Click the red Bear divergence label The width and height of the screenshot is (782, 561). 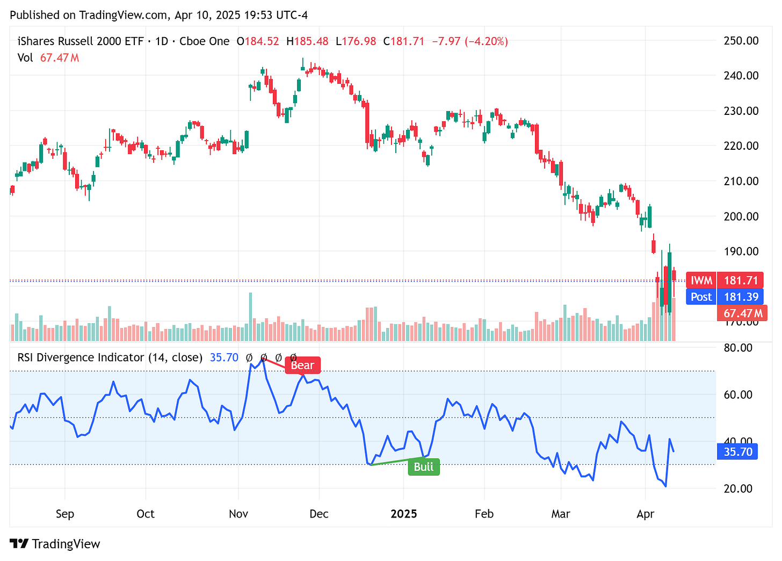302,366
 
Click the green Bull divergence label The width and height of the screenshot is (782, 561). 424,467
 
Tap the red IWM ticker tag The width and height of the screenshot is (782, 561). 701,280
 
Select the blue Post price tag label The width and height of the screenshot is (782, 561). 701,297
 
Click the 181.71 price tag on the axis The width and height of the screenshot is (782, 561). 741,280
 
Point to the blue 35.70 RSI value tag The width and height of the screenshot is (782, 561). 738,451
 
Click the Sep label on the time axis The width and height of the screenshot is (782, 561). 65,514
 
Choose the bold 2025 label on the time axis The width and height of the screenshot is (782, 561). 404,514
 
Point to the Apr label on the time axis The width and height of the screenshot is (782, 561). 645,514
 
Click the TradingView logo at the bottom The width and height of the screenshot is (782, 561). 55,544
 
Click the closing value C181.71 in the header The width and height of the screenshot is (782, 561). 404,41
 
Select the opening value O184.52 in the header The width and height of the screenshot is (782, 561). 258,41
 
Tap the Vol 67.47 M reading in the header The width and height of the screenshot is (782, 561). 48,57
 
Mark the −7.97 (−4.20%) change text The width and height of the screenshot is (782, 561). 470,41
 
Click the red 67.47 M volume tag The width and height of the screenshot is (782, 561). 743,313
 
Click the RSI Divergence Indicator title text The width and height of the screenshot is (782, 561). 110,358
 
